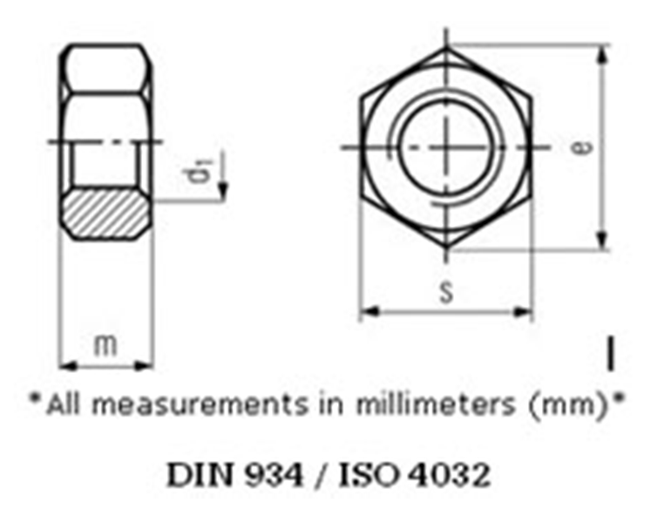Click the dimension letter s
(445, 292)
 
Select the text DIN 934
(234, 475)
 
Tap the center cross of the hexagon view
(445, 146)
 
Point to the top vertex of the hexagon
(445, 47)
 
